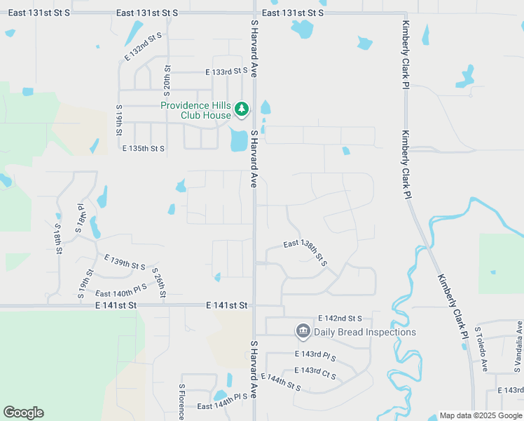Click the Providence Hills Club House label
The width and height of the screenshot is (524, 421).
point(195,110)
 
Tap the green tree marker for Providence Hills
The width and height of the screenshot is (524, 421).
point(242,109)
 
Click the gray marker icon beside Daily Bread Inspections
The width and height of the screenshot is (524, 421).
point(303,330)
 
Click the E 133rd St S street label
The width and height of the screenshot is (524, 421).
point(227,72)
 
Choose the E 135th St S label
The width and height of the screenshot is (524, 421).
point(144,149)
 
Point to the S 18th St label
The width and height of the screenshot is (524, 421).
point(58,239)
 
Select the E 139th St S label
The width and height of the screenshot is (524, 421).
point(123,264)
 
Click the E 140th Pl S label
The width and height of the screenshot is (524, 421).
point(121,290)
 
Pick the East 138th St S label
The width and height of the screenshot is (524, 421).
point(305,250)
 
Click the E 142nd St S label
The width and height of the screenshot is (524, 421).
point(339,319)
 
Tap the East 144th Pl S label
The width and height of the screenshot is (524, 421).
point(222,406)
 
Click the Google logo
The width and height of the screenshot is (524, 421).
point(23,413)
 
